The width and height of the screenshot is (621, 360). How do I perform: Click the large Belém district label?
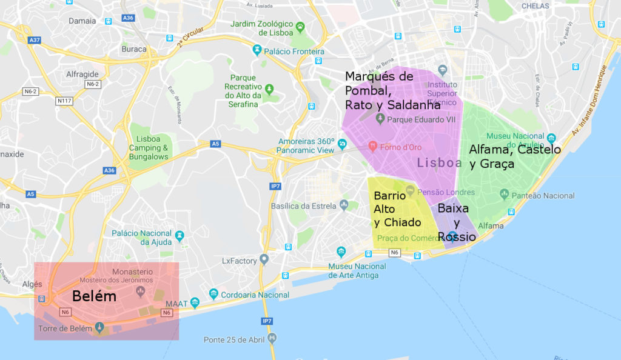pyautogui.click(x=94, y=296)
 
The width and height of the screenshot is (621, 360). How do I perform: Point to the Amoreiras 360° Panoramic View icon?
pyautogui.click(x=343, y=144)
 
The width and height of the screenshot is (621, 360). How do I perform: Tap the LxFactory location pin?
pyautogui.click(x=264, y=259)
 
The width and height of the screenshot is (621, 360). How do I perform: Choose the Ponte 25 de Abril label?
pyautogui.click(x=234, y=339)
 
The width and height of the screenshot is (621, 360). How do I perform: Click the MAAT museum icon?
pyautogui.click(x=195, y=302)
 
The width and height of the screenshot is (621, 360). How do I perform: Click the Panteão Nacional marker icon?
pyautogui.click(x=504, y=195)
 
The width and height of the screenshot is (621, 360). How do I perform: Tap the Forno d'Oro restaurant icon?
pyautogui.click(x=374, y=146)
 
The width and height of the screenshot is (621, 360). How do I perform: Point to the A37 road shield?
pyautogui.click(x=34, y=40)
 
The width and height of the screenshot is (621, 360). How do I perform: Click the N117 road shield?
pyautogui.click(x=64, y=101)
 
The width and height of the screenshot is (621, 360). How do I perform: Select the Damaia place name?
pyautogui.click(x=82, y=21)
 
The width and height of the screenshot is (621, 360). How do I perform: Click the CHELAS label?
pyautogui.click(x=535, y=6)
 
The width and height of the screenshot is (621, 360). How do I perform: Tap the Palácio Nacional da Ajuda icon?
pyautogui.click(x=180, y=235)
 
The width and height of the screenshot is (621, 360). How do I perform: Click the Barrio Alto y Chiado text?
pyautogui.click(x=397, y=210)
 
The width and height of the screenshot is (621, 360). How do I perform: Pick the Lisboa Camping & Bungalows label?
pyautogui.click(x=149, y=148)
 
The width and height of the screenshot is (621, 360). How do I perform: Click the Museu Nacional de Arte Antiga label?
pyautogui.click(x=357, y=271)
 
